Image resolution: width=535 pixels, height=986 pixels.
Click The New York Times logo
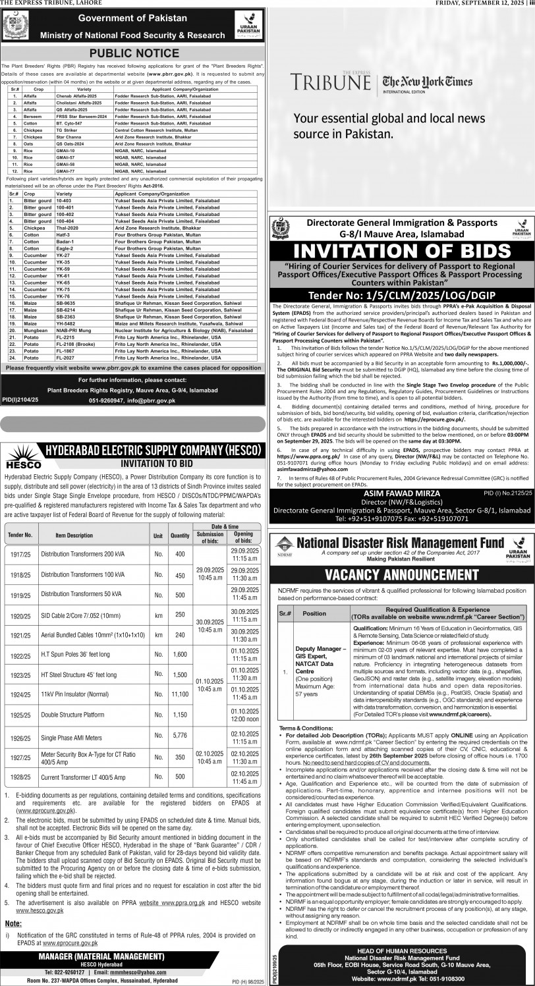point(429,82)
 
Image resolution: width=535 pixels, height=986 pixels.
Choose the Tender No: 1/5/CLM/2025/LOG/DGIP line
point(401,294)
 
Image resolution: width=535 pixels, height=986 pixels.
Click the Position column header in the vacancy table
point(314,613)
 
